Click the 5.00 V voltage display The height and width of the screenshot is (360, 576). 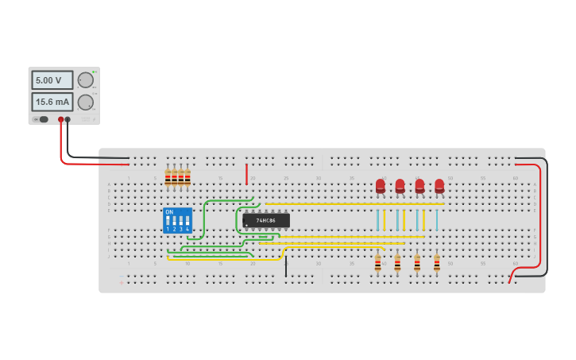(52, 80)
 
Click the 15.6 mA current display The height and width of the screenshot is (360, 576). (52, 102)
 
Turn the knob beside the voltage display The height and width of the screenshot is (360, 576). (85, 80)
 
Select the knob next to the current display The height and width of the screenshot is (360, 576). (85, 102)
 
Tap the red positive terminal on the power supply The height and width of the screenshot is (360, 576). (60, 119)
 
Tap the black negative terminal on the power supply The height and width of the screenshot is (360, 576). (68, 119)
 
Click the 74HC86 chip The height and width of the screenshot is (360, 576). (266, 220)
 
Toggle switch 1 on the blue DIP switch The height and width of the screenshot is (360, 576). (168, 220)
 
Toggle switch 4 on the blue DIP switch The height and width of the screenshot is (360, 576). (187, 220)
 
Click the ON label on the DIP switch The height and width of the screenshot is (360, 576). (169, 211)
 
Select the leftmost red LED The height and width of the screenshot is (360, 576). (381, 186)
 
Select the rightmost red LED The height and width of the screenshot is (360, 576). (439, 186)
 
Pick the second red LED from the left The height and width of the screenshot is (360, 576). (400, 186)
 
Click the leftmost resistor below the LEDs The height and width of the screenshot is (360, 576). (377, 263)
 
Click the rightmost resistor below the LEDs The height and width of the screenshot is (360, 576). (436, 263)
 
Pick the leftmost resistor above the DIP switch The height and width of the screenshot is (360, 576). (168, 177)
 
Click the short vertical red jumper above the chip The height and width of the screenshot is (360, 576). (246, 174)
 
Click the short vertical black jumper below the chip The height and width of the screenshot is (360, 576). (286, 265)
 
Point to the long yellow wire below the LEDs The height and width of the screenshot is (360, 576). (354, 204)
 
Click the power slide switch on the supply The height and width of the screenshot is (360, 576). (42, 119)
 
